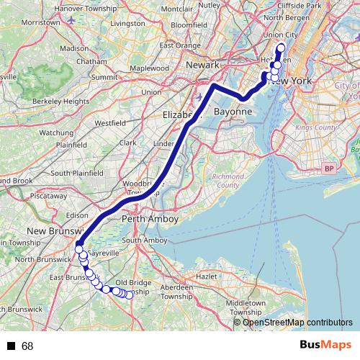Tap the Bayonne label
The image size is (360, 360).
click(x=233, y=112)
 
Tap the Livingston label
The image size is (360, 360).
click(x=128, y=23)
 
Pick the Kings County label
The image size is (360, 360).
click(x=316, y=127)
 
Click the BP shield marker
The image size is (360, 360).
click(x=329, y=168)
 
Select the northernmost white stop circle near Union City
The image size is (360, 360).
click(x=280, y=48)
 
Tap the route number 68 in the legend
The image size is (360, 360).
click(x=27, y=346)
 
